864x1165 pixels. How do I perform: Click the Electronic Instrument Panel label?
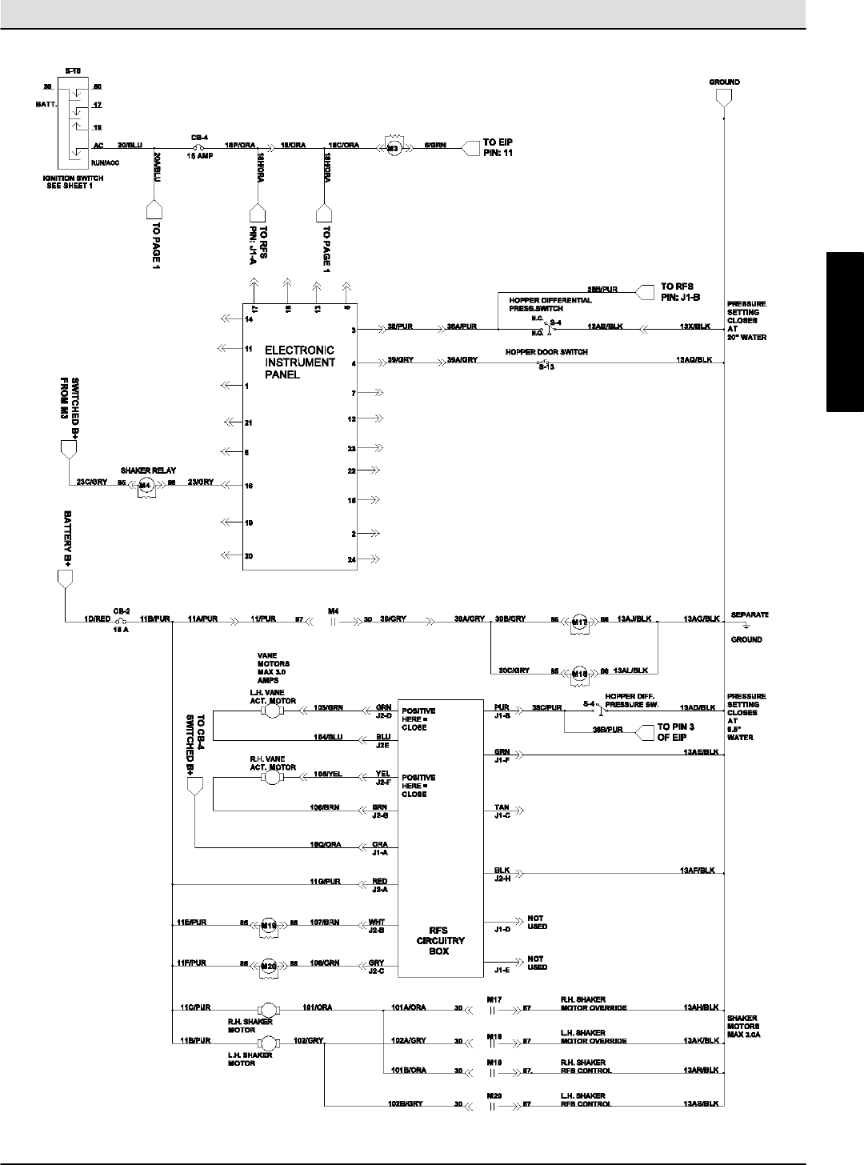tap(300, 362)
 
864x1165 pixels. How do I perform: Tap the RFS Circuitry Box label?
tap(438, 941)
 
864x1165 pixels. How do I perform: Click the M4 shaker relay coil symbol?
tap(145, 485)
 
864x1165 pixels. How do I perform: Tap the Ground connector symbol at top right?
tap(723, 98)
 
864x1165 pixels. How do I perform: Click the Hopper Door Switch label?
tap(546, 352)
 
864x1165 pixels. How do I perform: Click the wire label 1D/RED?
tap(97, 619)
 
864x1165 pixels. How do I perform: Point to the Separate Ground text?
tap(750, 627)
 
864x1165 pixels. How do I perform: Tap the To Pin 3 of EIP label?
tap(677, 731)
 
